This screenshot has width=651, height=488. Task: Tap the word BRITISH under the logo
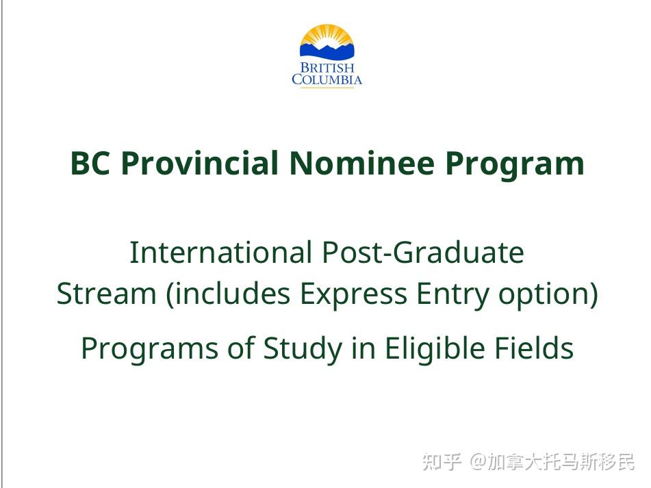tap(327, 68)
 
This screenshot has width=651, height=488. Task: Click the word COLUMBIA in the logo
tap(327, 79)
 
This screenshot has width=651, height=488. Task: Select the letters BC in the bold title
tap(90, 163)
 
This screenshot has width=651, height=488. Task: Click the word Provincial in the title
tap(200, 163)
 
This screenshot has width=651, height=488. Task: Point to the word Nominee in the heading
tap(362, 163)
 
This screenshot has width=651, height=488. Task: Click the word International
tap(221, 253)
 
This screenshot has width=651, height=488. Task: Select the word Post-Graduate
tap(423, 253)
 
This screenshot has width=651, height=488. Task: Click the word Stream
tap(106, 294)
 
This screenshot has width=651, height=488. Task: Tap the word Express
tap(353, 294)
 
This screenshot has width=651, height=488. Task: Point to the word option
tap(544, 294)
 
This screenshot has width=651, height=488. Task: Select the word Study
tap(303, 348)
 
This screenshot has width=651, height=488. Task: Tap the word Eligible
tap(434, 348)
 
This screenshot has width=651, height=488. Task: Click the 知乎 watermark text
tap(442, 461)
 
